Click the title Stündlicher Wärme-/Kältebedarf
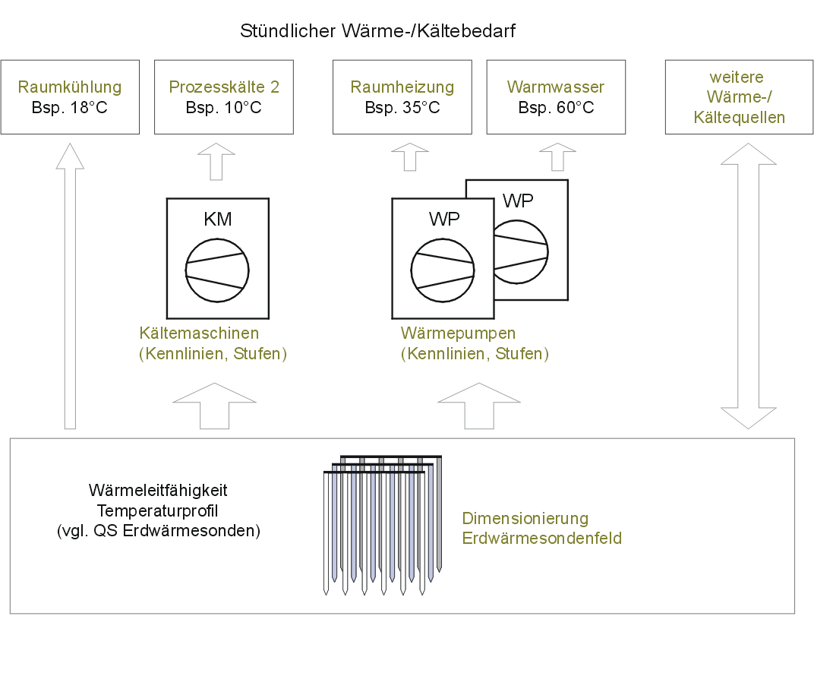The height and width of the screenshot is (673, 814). coord(378,31)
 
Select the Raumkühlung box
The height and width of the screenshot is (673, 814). coord(70,97)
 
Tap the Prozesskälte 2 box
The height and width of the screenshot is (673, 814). coord(224,97)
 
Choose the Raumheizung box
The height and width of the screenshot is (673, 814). coord(402,97)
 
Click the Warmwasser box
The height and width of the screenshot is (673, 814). coord(556,97)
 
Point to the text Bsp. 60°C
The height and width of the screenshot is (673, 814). coord(556,107)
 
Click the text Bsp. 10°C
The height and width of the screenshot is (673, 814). coord(224,107)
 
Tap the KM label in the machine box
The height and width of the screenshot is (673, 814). coord(218,220)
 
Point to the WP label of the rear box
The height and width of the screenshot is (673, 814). coord(518,201)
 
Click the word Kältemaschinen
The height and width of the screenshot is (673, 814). coord(200,333)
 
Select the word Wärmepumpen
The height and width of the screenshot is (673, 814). coord(459,333)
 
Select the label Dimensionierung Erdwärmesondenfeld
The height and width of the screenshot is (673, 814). coord(542,529)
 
